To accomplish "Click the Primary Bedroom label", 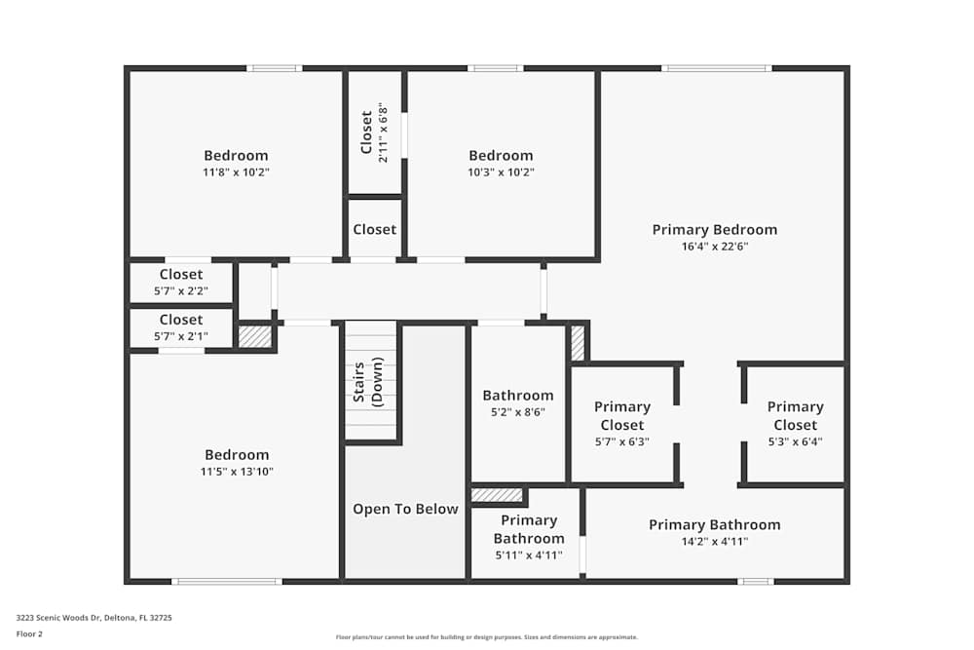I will coord(715,230).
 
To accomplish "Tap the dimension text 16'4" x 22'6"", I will coord(715,247).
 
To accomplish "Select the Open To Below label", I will coord(405,509).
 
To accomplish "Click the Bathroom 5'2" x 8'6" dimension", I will coord(518,412).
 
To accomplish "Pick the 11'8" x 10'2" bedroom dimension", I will coord(236,172).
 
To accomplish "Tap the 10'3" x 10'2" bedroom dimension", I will coord(501,172).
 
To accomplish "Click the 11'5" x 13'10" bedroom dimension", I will coord(236,472).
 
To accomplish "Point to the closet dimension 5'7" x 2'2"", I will coord(181,290).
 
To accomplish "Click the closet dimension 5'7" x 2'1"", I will coord(181,336).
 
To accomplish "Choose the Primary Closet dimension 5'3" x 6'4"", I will coord(795,441).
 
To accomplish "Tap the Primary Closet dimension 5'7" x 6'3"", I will coord(621,441).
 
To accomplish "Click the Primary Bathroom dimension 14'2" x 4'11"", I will coord(715,542).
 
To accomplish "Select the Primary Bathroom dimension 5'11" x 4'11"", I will coord(528,555).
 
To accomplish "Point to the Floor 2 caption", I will coord(29,633).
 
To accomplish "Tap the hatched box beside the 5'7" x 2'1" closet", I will coord(255,336).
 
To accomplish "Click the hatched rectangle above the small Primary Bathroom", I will coord(497,495).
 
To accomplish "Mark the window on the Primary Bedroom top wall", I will coord(716,68).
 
